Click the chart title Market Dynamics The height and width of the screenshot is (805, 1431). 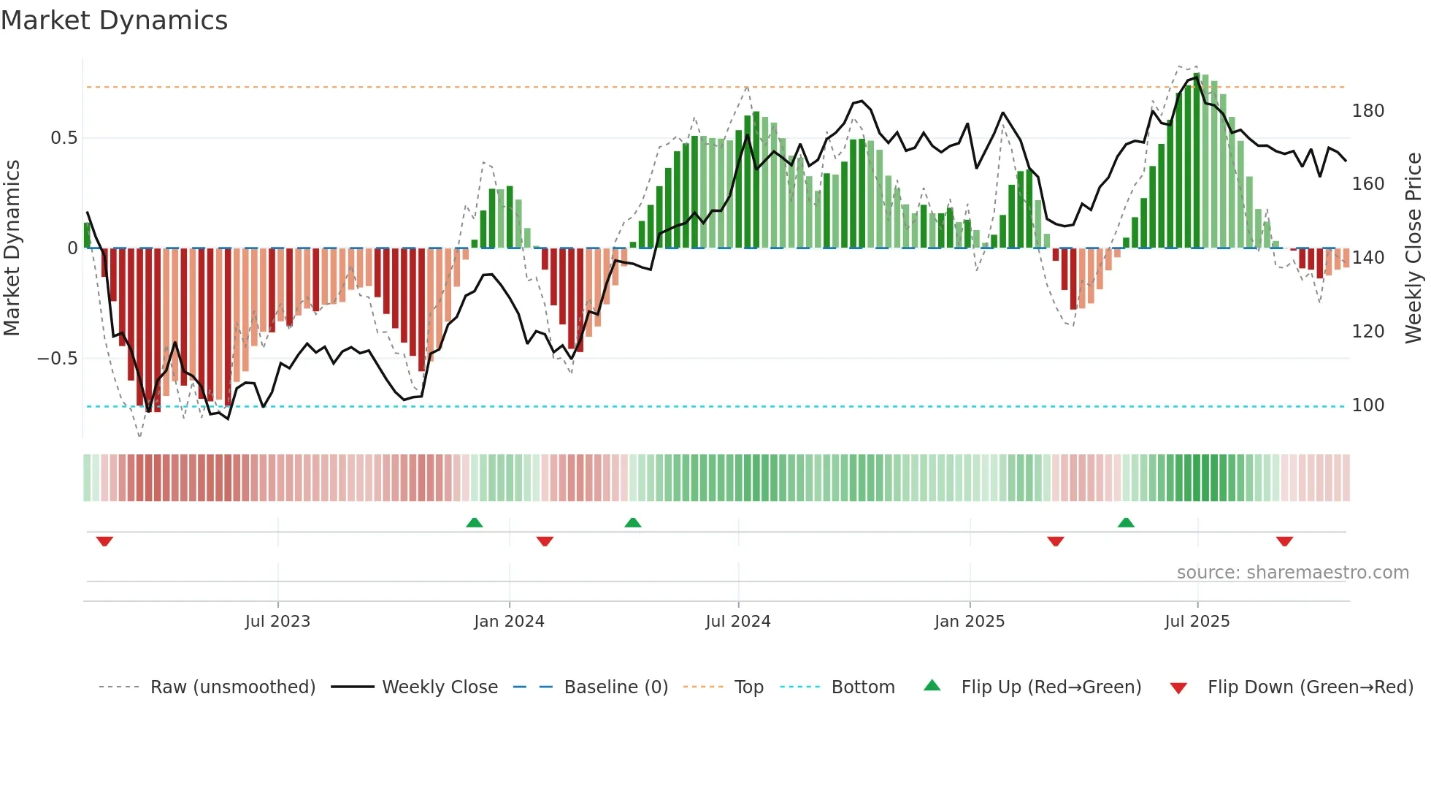(114, 20)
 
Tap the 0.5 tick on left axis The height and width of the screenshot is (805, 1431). (64, 138)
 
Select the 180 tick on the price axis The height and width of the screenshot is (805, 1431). (1367, 111)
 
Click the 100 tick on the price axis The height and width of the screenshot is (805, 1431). (1367, 405)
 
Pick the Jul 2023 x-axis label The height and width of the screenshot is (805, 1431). (277, 622)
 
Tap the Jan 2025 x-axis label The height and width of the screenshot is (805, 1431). (969, 622)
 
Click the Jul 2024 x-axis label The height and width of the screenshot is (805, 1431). (737, 622)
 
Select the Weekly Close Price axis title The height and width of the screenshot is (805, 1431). (1413, 248)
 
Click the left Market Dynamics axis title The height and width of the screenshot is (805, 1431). (12, 248)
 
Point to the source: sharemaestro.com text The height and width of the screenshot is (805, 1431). (1292, 573)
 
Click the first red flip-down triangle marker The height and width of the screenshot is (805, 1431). (104, 541)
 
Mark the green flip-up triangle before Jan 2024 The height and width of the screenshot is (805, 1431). (475, 522)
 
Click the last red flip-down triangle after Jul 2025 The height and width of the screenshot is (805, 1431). (1284, 541)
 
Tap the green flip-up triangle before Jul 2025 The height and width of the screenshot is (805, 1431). (1126, 522)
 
